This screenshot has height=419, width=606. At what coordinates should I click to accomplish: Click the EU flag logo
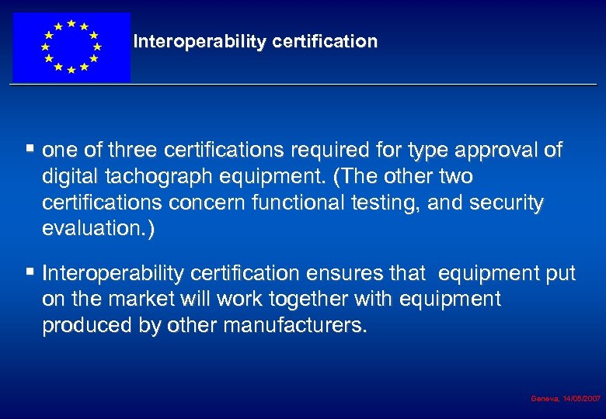point(71,47)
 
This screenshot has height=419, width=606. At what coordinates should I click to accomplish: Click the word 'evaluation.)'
point(99,229)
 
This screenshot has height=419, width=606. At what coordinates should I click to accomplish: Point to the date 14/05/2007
point(581,398)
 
